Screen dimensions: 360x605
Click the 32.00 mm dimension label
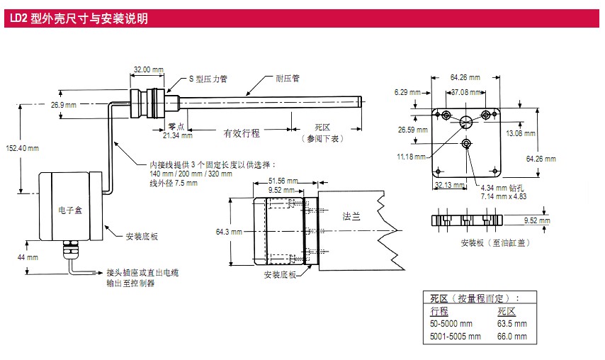coord(148,69)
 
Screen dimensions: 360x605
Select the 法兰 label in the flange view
coord(351,216)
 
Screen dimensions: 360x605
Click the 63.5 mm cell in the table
coord(511,324)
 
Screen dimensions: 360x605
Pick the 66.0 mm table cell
coord(511,336)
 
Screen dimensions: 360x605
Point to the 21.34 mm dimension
coord(177,135)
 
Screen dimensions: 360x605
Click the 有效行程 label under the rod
coord(242,133)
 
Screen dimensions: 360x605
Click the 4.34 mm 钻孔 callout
coord(501,189)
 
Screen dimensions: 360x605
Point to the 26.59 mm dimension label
coord(412,130)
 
